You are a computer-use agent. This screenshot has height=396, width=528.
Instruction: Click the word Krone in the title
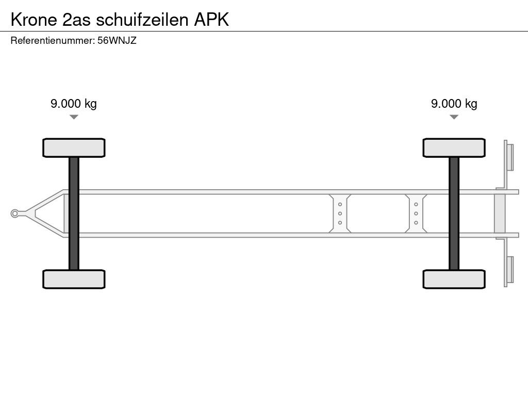click(x=34, y=20)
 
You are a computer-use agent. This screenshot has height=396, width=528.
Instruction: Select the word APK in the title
click(x=211, y=20)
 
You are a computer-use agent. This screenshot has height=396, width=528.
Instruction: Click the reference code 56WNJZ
click(x=117, y=41)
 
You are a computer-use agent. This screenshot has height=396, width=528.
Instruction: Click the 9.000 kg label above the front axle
click(x=74, y=104)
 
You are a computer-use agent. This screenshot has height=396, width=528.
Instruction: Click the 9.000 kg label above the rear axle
click(x=454, y=104)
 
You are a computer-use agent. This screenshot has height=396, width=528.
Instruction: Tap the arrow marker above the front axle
click(x=74, y=117)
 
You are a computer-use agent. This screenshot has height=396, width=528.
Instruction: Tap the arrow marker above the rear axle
click(x=454, y=117)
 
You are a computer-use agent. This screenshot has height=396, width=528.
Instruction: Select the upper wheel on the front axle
click(x=74, y=148)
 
